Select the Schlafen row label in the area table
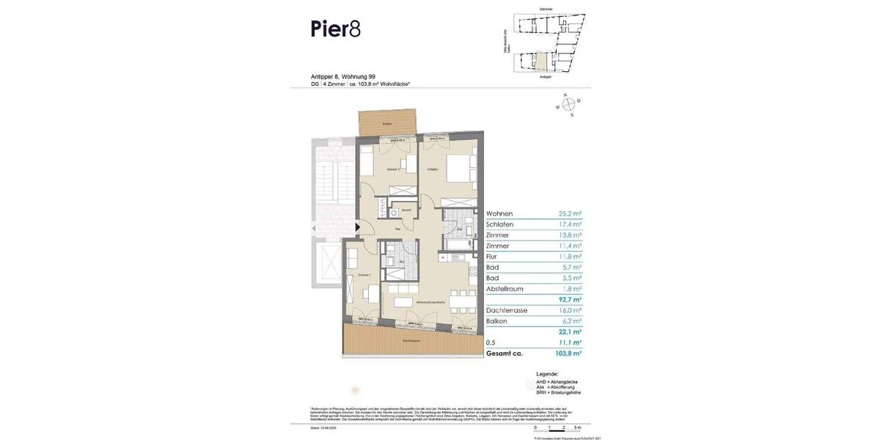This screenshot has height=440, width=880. point(499,224)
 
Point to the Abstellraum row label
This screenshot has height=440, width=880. point(506,290)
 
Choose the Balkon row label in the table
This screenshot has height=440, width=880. point(497,322)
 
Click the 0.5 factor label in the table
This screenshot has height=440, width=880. point(491,342)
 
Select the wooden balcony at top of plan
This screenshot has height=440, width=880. point(387,123)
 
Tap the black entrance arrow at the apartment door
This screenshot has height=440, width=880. point(358,227)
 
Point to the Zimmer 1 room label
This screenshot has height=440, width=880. point(364,274)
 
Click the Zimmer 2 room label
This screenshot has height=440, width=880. point(393,169)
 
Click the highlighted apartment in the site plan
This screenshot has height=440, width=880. point(542,62)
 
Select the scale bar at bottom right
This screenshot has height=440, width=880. point(557,427)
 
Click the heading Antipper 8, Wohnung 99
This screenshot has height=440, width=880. point(343,76)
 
